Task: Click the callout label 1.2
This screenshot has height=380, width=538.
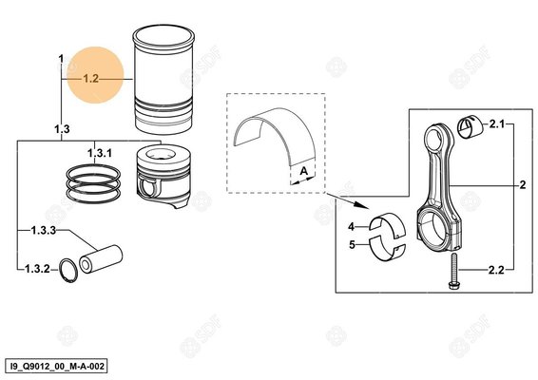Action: click(91, 79)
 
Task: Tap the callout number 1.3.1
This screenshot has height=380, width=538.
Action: click(100, 153)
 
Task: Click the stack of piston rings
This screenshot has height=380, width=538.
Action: click(93, 183)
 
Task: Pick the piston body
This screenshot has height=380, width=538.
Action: click(163, 177)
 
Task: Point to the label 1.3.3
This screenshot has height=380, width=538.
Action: click(44, 230)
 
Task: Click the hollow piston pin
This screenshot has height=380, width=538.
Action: click(101, 259)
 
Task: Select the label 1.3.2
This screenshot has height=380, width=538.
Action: click(37, 269)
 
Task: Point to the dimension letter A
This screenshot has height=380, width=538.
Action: click(303, 170)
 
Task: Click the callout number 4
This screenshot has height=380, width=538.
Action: click(351, 227)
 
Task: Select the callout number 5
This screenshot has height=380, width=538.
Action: click(352, 245)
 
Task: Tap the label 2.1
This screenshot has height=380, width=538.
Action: click(497, 124)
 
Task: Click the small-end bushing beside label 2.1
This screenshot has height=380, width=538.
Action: click(471, 126)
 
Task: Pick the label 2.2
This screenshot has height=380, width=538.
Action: click(496, 270)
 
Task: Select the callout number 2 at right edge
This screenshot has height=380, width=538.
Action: click(523, 185)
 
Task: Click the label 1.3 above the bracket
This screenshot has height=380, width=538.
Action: click(62, 129)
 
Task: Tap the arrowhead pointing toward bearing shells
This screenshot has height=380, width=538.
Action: click(362, 205)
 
